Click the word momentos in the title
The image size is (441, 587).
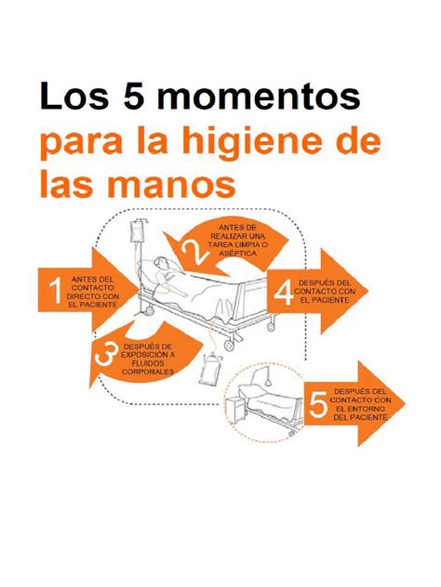coord(259,96)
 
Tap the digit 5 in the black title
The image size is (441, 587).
coord(132,95)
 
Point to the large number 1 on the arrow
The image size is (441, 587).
coord(55,291)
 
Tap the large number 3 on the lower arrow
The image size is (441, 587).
coord(107,355)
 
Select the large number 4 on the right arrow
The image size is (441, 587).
coord(284,293)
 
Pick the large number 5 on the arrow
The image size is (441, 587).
coord(317,405)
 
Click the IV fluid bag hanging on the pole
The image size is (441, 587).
coord(136,232)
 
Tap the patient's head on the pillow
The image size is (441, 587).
coord(162,263)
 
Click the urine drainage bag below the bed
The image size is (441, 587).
coord(210,369)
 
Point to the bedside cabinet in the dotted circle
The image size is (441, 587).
coord(235,411)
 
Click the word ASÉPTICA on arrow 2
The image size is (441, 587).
coord(238,254)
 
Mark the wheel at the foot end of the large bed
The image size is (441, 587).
coord(228,346)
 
